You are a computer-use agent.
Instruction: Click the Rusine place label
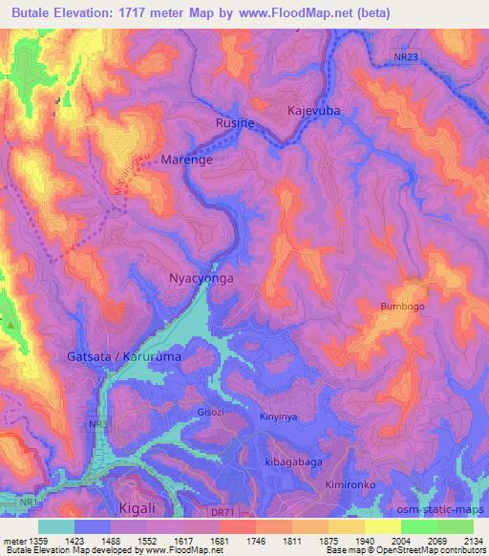point(236,123)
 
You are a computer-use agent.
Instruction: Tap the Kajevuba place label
point(315,111)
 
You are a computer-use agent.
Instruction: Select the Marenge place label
point(186,160)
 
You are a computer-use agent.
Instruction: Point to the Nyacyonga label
point(201,279)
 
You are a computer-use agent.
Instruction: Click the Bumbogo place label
point(402,307)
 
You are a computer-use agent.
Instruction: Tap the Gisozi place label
point(210,414)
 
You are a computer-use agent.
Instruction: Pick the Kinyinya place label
point(280,417)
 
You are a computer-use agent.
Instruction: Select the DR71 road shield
point(222,512)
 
